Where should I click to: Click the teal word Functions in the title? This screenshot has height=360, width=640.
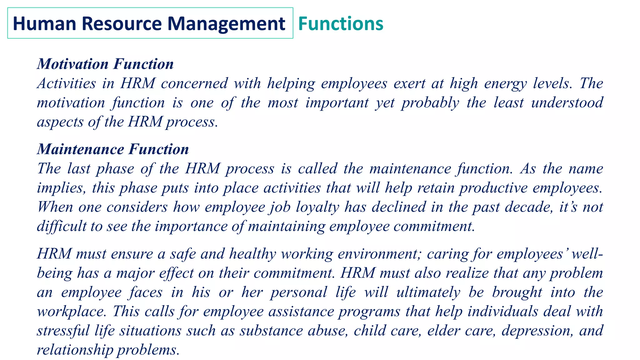coord(341,23)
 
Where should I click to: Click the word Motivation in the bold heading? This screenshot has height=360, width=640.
coord(73,64)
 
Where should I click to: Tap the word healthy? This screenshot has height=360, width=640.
coord(252,254)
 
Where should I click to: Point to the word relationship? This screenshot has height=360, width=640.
coord(75,350)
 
